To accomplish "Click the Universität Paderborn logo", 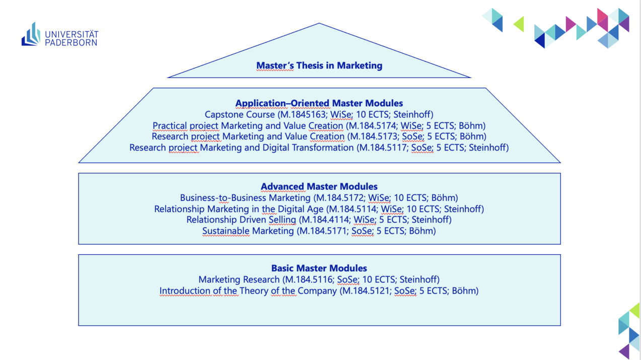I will click(59, 35).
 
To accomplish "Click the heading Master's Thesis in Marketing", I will click(319, 65).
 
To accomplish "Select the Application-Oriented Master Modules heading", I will click(319, 103).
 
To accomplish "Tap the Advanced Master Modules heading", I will click(319, 187).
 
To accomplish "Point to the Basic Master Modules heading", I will click(319, 268).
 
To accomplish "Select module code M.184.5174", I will click(372, 126).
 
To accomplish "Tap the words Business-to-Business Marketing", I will click(245, 198).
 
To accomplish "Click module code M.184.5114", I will click(351, 209).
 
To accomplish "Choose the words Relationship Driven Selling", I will click(241, 220).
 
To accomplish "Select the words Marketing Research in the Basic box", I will click(239, 279).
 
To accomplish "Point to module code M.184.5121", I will click(366, 291).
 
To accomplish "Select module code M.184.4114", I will click(324, 220).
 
